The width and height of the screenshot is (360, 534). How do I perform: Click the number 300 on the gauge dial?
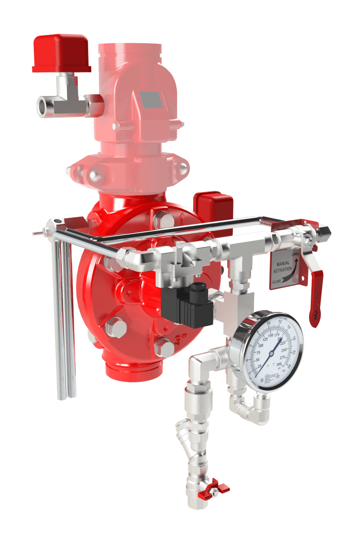[x=280, y=364]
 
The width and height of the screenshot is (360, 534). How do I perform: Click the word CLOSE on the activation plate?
[x=277, y=282]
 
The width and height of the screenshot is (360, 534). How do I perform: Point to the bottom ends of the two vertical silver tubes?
[x=67, y=396]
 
